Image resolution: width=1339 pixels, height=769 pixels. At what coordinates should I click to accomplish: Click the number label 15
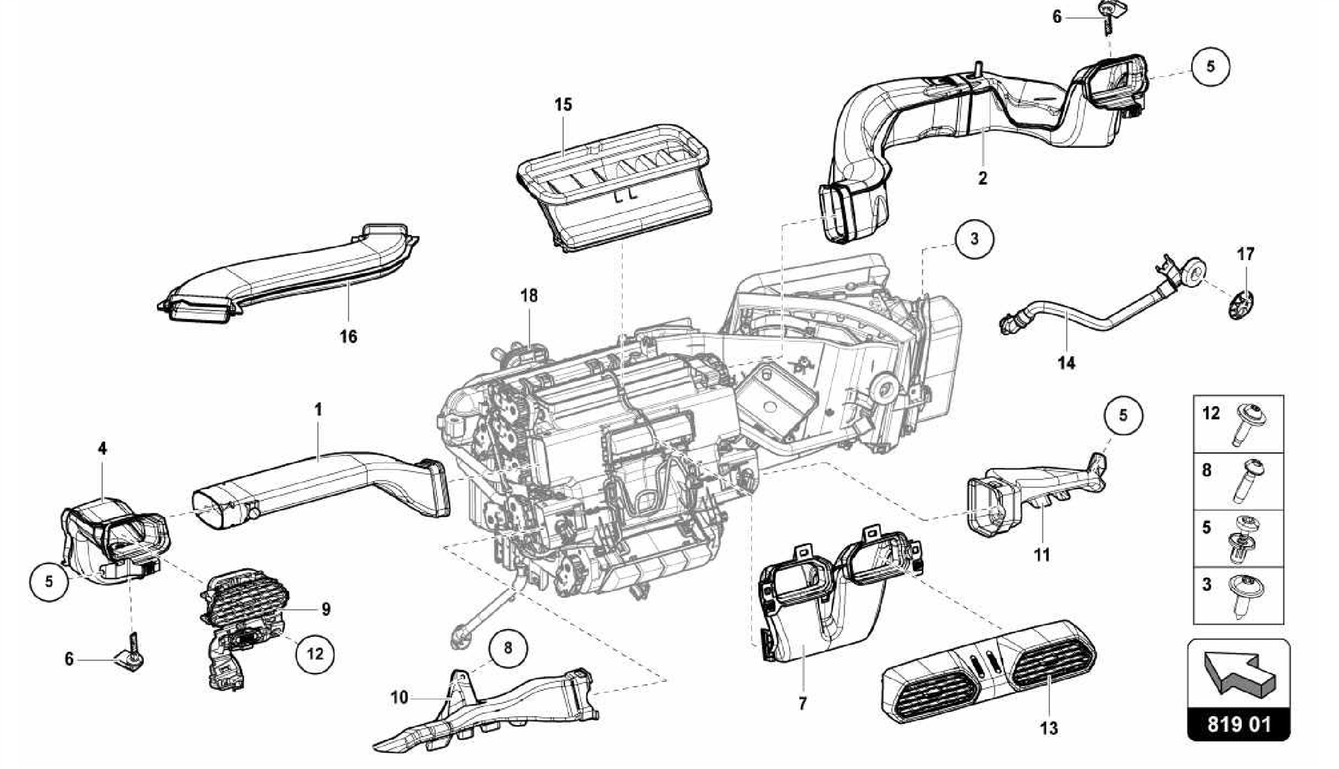(563, 105)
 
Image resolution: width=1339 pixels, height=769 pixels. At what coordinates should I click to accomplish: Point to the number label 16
(348, 336)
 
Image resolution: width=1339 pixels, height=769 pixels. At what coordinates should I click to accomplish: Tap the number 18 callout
(529, 296)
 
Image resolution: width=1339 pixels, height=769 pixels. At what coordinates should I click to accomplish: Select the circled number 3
(974, 239)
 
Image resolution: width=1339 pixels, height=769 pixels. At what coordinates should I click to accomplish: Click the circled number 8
(508, 647)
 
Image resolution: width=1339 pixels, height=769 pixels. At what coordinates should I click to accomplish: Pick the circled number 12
(315, 653)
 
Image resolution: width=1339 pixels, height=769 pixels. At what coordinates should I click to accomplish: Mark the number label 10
(399, 697)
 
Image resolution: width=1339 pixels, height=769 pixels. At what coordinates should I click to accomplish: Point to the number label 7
(802, 703)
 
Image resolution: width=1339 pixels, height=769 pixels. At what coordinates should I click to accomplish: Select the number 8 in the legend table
(1206, 470)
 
